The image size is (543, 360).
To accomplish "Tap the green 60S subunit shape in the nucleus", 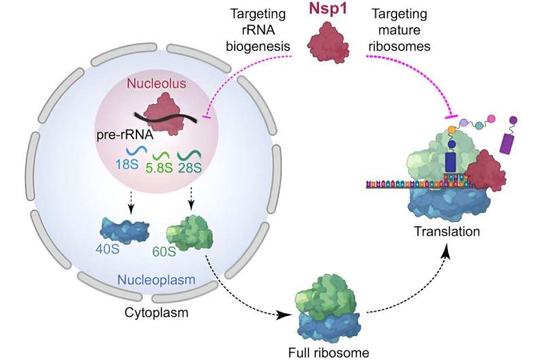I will pos(189,231).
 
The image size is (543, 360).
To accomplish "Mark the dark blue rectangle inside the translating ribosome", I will pos(451,162).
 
